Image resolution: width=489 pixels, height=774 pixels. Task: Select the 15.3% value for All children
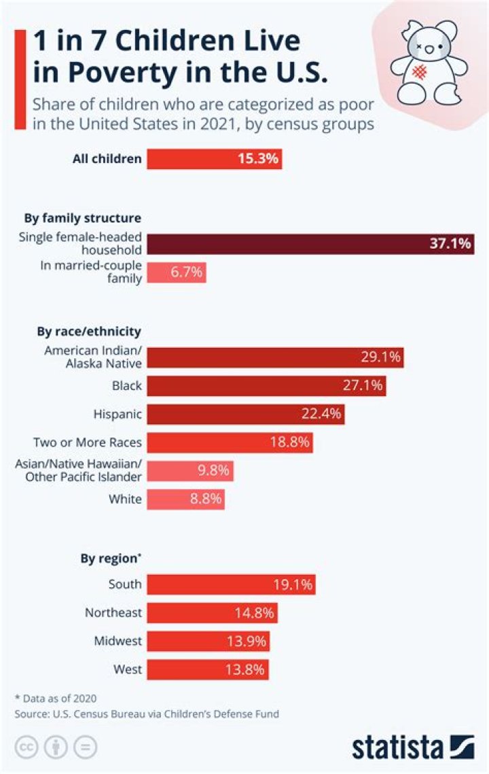[x=257, y=160]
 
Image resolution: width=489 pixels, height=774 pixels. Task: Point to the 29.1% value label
[x=381, y=357]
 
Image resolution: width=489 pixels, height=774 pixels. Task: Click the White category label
[x=125, y=499]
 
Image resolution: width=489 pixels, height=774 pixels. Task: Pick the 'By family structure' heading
[x=82, y=218]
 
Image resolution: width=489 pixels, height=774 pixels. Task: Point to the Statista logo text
[x=397, y=747]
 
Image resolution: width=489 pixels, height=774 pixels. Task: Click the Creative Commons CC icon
[x=25, y=747]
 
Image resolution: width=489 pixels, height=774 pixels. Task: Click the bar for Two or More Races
[x=230, y=442]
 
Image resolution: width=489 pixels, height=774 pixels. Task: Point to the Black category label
[x=127, y=386]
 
